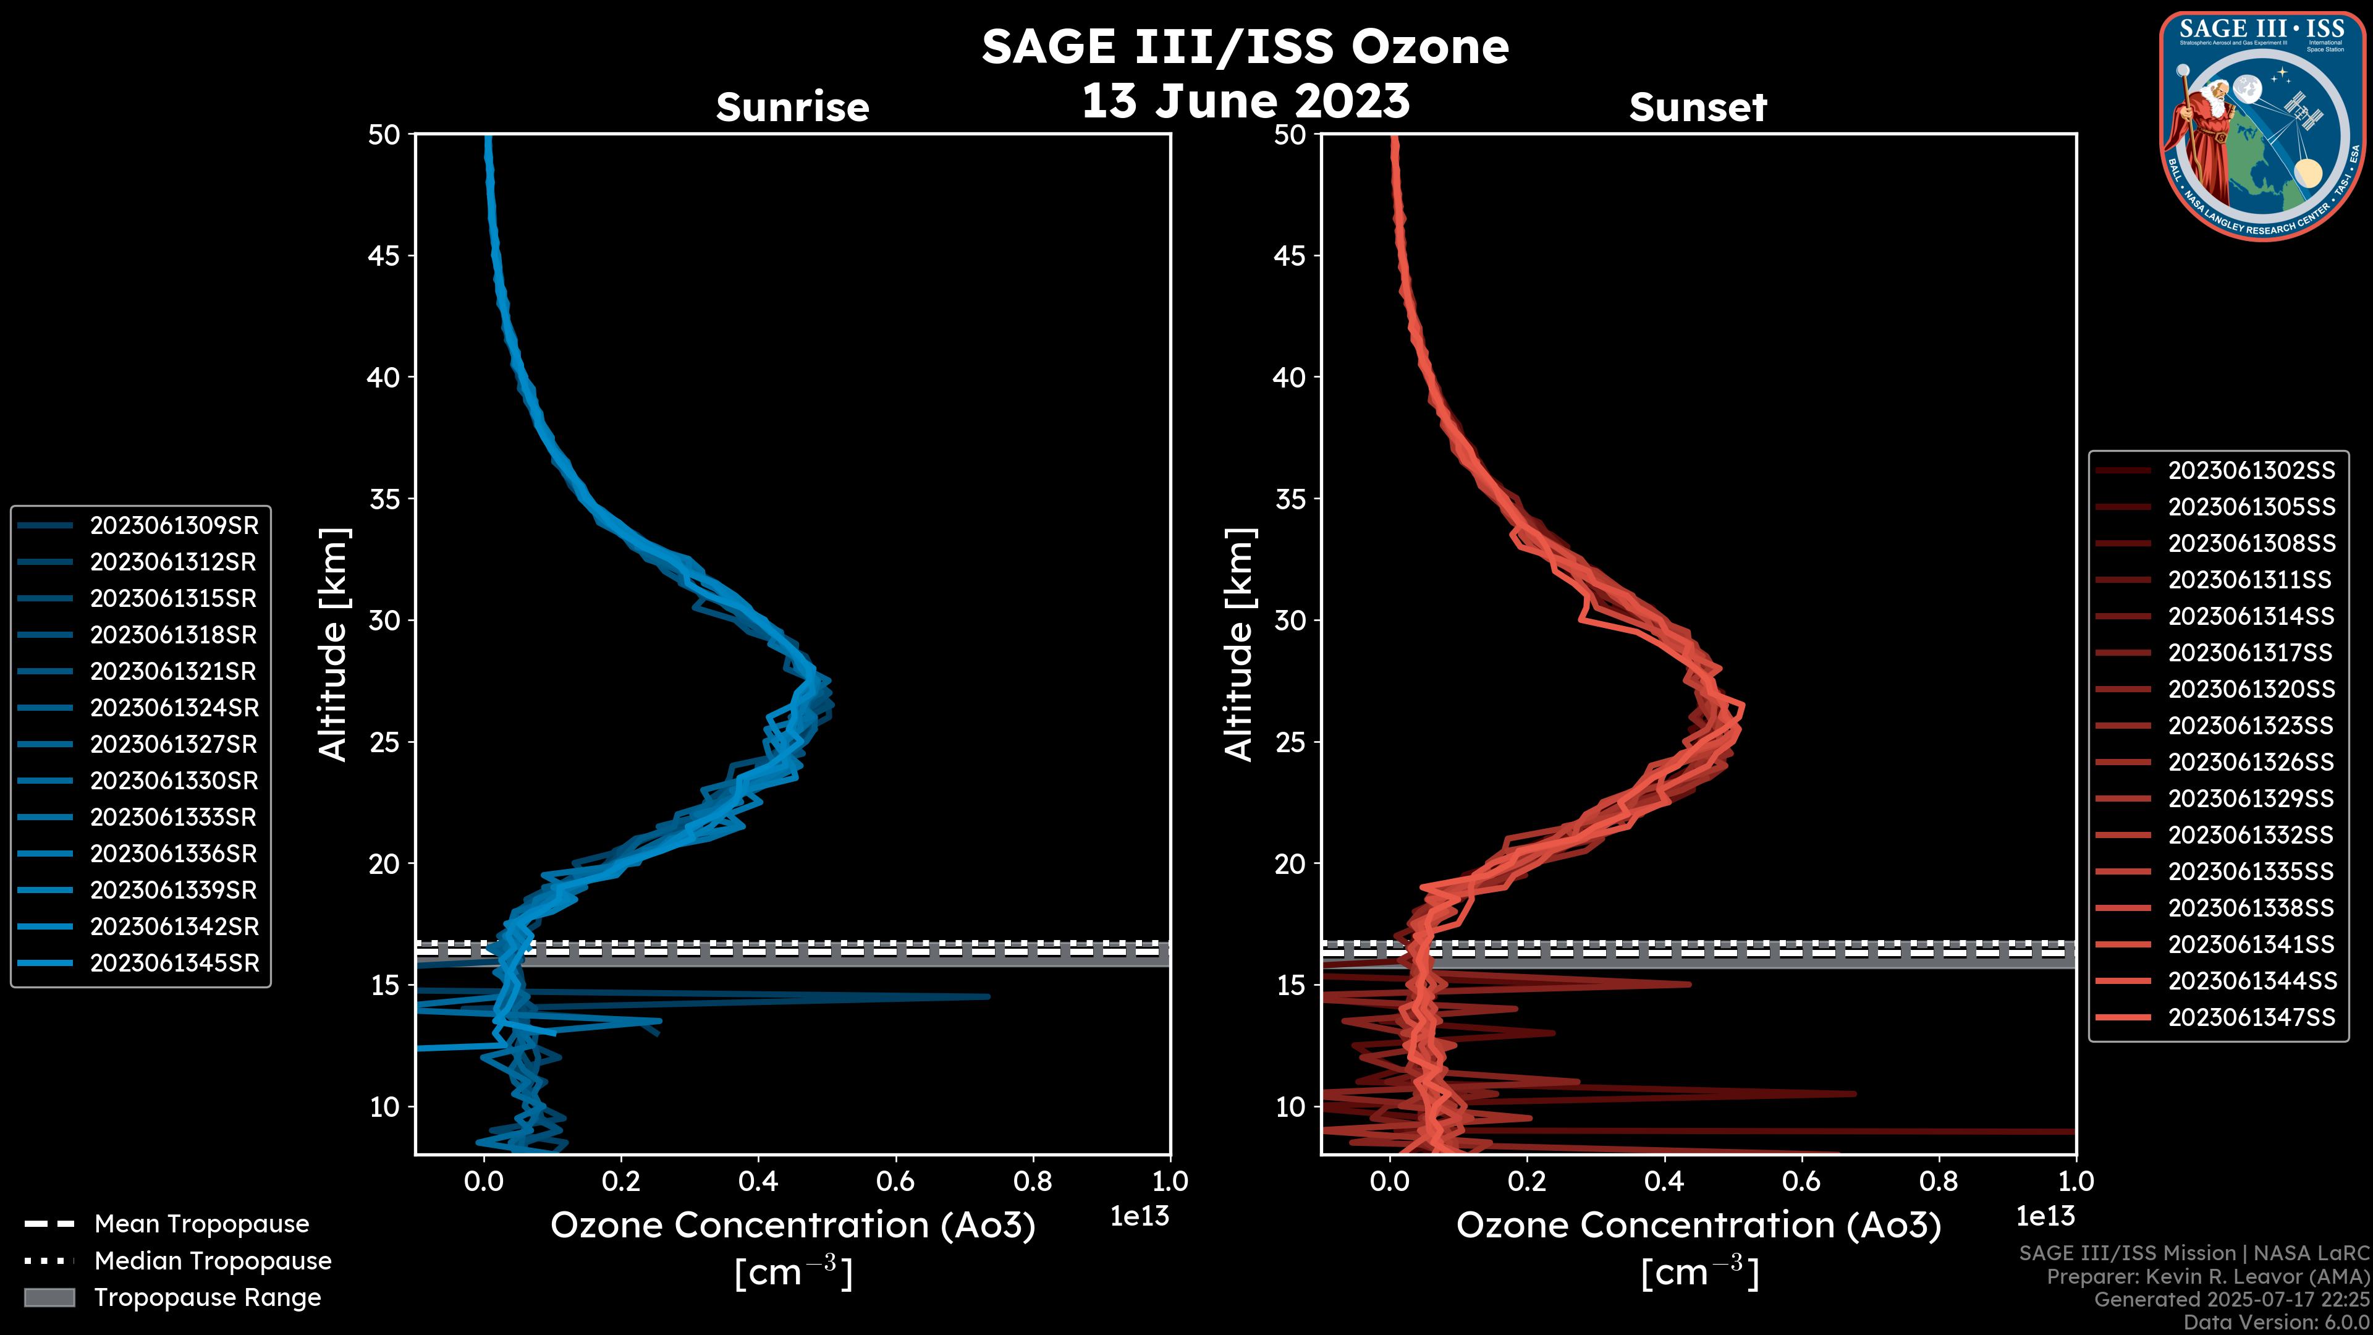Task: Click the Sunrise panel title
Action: click(x=792, y=107)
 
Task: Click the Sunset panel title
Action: click(x=1698, y=107)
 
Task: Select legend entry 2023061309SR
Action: click(x=174, y=525)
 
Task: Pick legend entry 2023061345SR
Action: click(x=174, y=963)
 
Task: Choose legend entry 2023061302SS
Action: click(x=2251, y=471)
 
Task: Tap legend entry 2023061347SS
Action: click(x=2251, y=1017)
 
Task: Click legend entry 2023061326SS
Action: click(x=2251, y=762)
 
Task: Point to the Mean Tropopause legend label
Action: click(x=201, y=1224)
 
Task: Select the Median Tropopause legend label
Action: click(x=213, y=1260)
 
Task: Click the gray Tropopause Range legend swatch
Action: click(x=49, y=1297)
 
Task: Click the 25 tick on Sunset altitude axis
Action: click(x=1292, y=742)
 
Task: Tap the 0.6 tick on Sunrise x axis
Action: click(x=895, y=1180)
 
